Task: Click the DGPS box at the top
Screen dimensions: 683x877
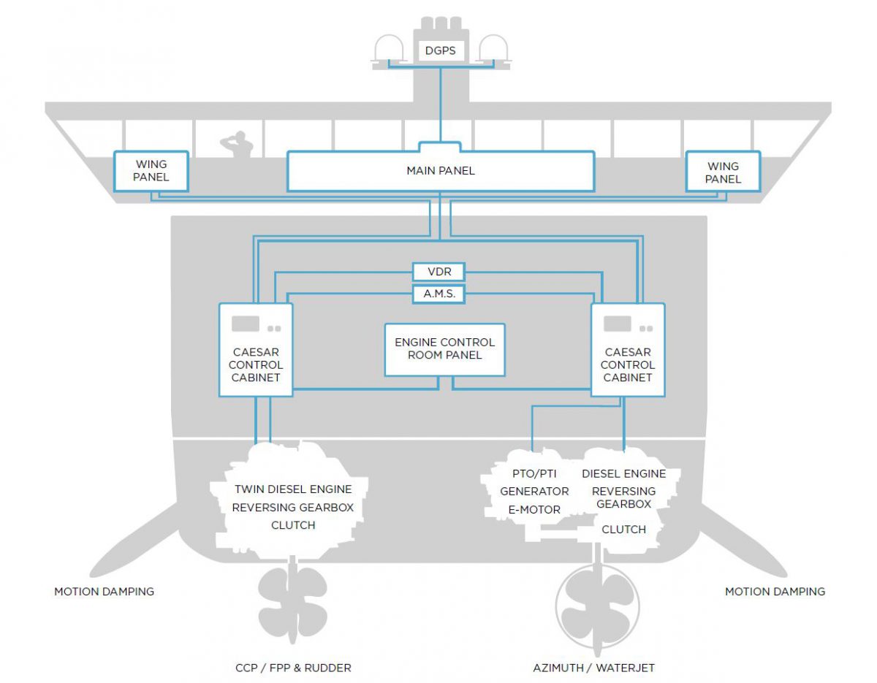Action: click(440, 52)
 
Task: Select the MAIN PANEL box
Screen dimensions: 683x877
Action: click(440, 171)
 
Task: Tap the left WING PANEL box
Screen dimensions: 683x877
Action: click(151, 172)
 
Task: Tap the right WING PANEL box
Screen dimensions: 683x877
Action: click(722, 172)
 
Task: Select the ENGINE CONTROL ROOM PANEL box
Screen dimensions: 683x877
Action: click(444, 349)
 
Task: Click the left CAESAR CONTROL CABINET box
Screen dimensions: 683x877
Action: click(256, 350)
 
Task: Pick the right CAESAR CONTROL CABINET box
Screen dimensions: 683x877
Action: click(628, 350)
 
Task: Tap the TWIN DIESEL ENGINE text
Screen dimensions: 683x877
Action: click(292, 489)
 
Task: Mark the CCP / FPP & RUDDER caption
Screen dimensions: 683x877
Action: click(292, 668)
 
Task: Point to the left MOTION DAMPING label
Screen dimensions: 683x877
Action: click(104, 591)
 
